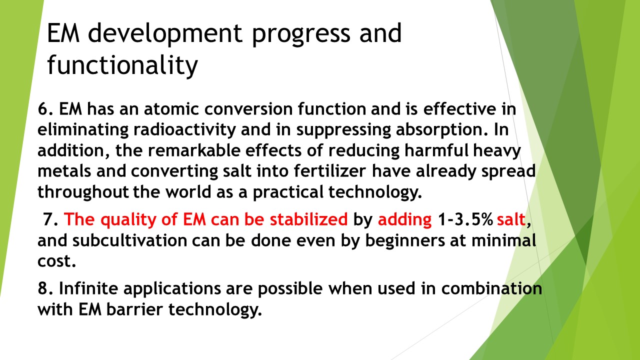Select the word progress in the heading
[x=301, y=35]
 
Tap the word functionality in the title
[x=122, y=65]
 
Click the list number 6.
[x=45, y=109]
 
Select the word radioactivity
[x=184, y=130]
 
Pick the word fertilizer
[x=330, y=171]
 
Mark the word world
[x=188, y=192]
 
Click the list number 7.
[x=51, y=219]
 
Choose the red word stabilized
[x=309, y=219]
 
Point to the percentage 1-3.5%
[x=465, y=219]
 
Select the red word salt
[x=511, y=219]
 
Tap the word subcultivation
[x=129, y=240]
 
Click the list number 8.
[x=45, y=288]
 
